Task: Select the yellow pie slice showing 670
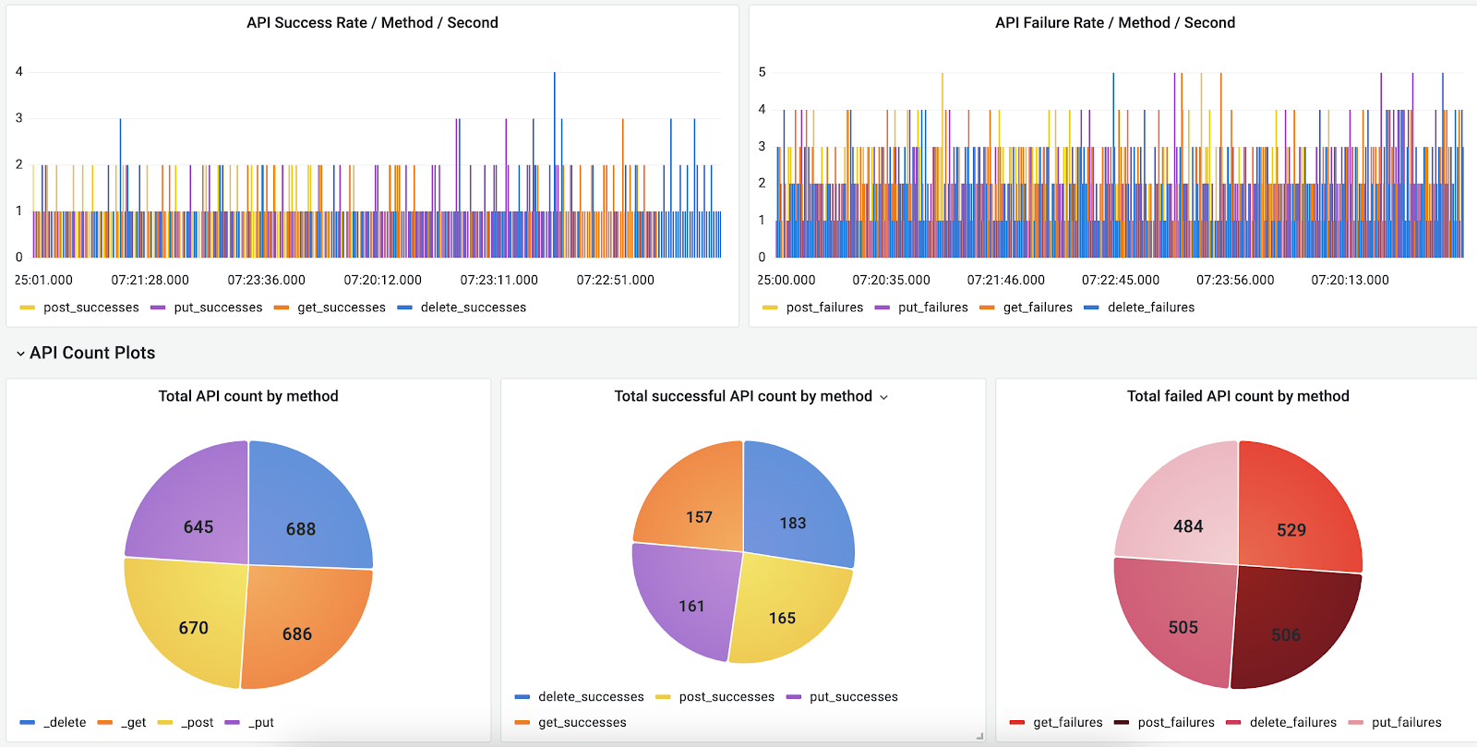point(189,619)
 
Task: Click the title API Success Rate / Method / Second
point(372,23)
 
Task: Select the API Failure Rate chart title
point(1114,23)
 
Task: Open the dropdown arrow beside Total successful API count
point(883,397)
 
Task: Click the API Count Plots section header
point(92,353)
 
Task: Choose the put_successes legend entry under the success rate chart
point(218,307)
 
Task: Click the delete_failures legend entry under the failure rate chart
point(1150,307)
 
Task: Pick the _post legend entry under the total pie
point(197,723)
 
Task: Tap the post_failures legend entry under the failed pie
point(1175,723)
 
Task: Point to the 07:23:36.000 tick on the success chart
point(266,280)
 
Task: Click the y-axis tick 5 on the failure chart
point(762,72)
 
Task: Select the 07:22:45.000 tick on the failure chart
point(1120,280)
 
